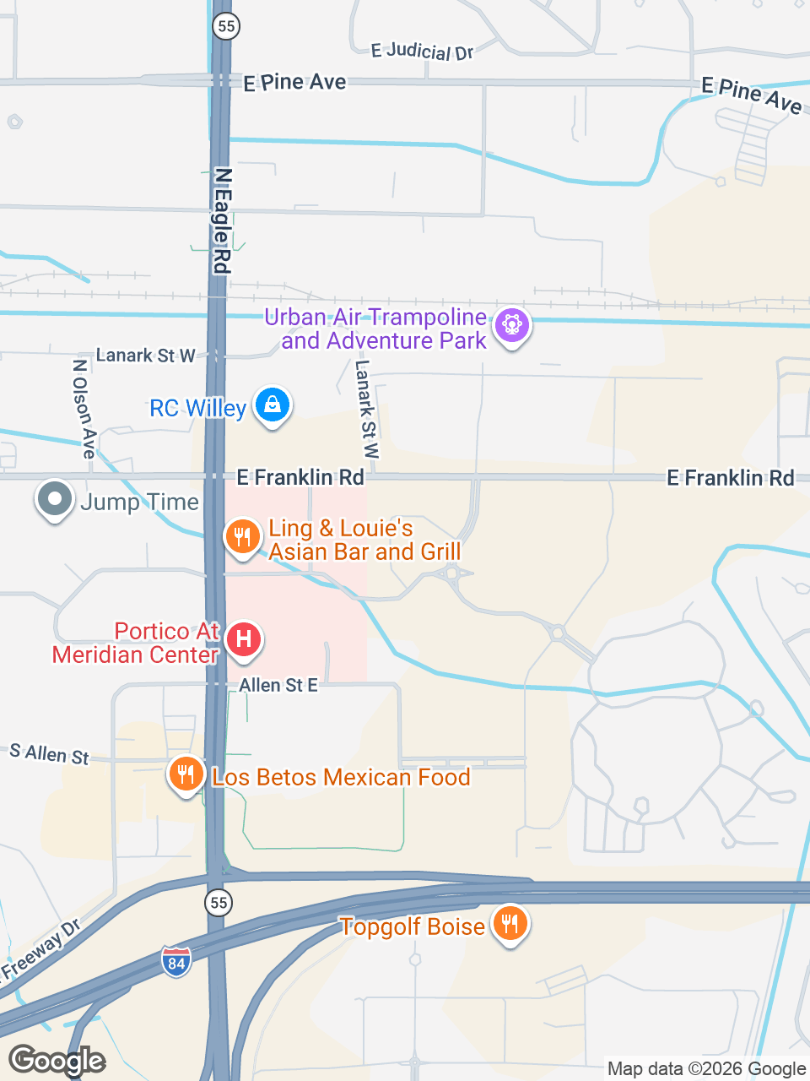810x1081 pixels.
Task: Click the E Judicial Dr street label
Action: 422,52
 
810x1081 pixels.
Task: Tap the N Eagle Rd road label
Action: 222,220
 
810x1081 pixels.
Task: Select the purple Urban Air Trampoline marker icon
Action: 511,325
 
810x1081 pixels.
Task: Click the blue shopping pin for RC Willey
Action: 273,405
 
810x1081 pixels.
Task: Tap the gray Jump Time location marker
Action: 55,499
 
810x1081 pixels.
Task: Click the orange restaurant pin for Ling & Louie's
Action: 242,536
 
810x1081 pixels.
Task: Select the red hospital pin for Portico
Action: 243,639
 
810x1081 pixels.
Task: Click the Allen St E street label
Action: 278,685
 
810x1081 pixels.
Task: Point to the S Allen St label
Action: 49,753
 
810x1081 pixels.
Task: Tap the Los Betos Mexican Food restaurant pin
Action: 186,774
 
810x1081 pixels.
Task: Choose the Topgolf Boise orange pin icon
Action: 510,924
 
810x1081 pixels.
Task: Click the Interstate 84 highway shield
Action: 175,962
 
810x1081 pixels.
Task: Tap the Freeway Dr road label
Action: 40,950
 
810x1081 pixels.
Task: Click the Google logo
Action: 57,1061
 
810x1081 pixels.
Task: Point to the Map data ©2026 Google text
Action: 706,1069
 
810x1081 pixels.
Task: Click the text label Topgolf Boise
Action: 413,926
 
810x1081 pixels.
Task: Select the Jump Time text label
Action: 140,502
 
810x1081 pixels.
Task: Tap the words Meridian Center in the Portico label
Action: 135,655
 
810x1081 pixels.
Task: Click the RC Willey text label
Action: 197,409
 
